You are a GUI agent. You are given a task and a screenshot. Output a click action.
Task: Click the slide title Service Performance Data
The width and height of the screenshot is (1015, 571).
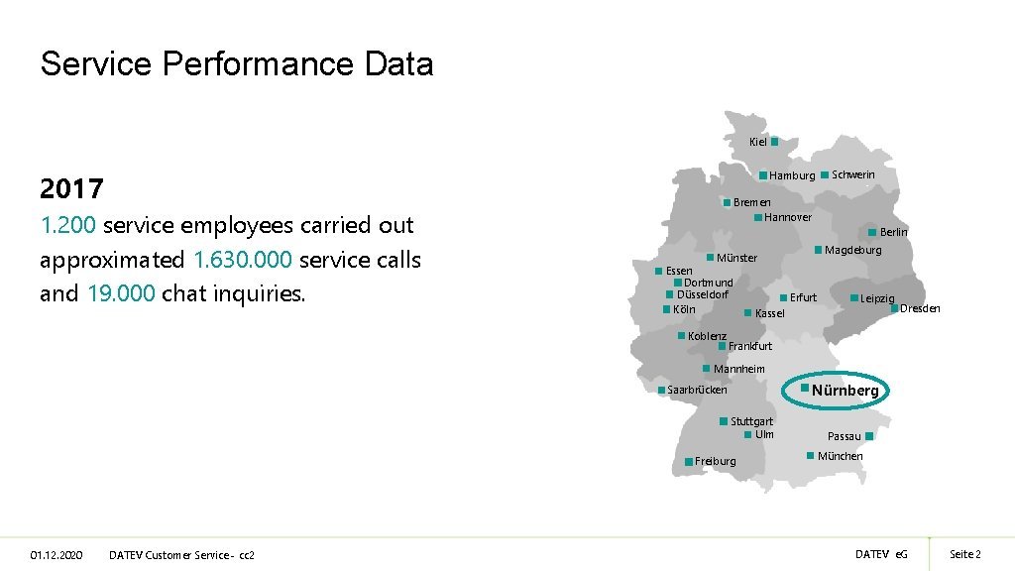[237, 64]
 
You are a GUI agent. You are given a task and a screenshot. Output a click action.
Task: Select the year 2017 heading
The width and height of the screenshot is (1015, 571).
[72, 188]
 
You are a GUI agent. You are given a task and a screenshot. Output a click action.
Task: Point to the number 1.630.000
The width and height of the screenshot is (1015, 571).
[243, 261]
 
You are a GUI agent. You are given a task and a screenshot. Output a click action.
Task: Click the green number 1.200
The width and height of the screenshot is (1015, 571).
[67, 225]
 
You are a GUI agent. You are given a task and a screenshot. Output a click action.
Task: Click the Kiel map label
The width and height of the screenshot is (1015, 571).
[758, 143]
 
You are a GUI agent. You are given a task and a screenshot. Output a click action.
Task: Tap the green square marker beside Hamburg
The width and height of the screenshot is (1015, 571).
[763, 175]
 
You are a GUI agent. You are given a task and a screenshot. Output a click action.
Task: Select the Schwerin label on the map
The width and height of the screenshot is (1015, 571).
[852, 174]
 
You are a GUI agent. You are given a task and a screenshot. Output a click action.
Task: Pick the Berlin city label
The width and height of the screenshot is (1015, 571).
[893, 232]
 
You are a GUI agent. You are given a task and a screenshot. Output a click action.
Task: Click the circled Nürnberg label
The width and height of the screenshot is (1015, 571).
[845, 391]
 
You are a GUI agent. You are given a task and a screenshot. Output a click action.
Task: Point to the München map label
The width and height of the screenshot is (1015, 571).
[840, 456]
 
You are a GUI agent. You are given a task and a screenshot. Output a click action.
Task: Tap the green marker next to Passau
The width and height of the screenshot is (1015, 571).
[868, 436]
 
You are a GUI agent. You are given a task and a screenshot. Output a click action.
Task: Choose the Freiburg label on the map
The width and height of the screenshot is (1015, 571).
[716, 461]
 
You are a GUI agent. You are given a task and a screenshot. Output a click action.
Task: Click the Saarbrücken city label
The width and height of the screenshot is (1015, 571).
[697, 390]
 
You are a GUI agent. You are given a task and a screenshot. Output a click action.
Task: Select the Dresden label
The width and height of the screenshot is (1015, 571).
[920, 308]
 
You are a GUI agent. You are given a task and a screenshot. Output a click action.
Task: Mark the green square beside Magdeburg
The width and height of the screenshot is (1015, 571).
[819, 249]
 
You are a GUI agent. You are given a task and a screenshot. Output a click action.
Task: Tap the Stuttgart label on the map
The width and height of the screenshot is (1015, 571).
[751, 421]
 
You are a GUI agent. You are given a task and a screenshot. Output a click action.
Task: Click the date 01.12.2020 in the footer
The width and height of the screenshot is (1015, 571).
[56, 554]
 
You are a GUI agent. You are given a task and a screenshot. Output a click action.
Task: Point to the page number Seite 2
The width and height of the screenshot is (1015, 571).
[964, 554]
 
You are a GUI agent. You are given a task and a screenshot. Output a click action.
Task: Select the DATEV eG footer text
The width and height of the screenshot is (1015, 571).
[881, 554]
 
